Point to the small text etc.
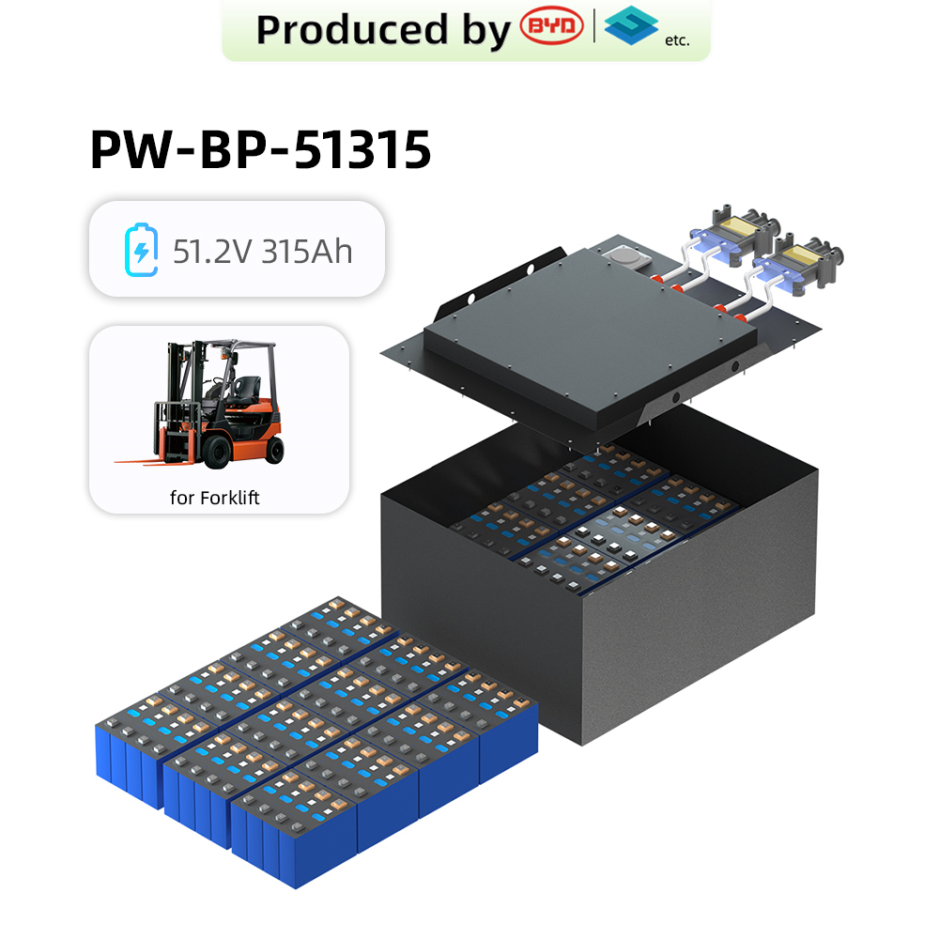[676, 40]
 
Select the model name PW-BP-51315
[260, 149]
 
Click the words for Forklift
[214, 498]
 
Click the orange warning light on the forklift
[223, 352]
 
